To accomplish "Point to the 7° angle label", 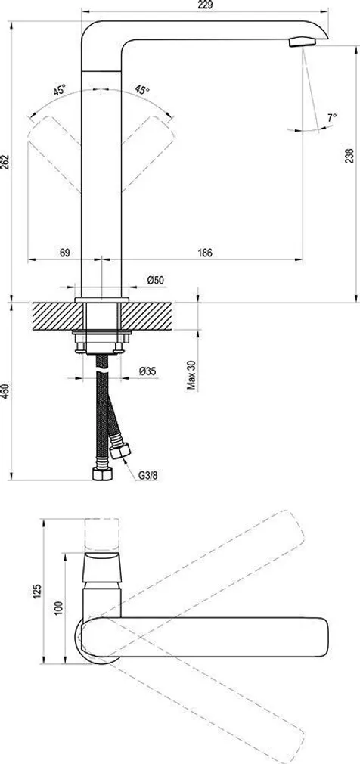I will (x=331, y=117).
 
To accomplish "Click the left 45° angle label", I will (x=59, y=90).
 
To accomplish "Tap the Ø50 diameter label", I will (x=156, y=281).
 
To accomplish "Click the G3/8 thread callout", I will (x=147, y=475).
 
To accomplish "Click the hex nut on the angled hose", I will (x=119, y=452).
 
